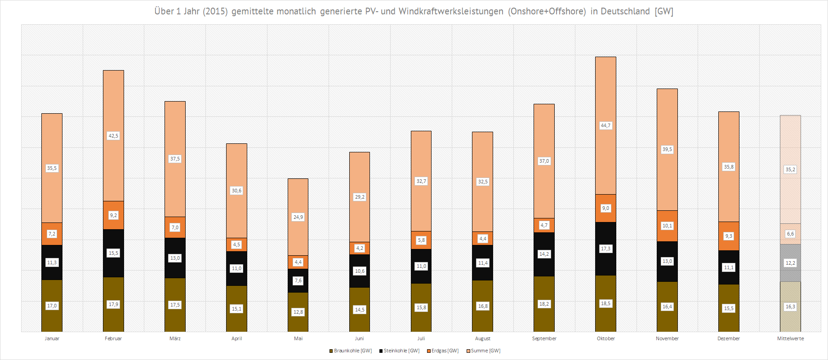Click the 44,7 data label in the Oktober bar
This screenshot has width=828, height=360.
coord(605,125)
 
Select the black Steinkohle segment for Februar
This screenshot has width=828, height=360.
coord(113,265)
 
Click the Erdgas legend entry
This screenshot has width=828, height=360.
coord(443,351)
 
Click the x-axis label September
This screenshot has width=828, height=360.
coord(544,338)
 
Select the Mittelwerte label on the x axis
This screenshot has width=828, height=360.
coord(790,338)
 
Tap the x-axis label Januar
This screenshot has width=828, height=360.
coord(52,338)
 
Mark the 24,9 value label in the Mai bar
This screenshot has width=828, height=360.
coord(298,217)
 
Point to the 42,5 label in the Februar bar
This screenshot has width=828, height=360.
coord(113,136)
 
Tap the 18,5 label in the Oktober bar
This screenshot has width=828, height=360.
coord(605,303)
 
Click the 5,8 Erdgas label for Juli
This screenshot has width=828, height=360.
coord(421,240)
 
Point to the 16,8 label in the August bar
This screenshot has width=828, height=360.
coord(483,306)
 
